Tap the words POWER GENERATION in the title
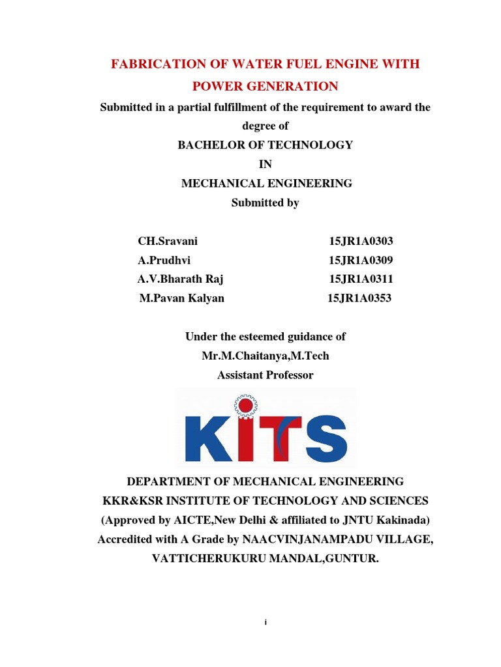tap(265, 86)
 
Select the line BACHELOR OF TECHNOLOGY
tap(265, 145)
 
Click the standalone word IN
tap(265, 164)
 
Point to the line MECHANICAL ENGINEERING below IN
tap(266, 184)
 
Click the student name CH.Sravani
tap(168, 241)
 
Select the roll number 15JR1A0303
tap(361, 241)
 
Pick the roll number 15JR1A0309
tap(361, 261)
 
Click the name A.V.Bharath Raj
tap(181, 279)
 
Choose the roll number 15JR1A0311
tap(361, 279)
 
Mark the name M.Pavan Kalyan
tap(182, 298)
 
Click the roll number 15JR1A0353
tap(359, 298)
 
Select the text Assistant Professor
tap(265, 375)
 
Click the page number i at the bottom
tap(266, 623)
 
